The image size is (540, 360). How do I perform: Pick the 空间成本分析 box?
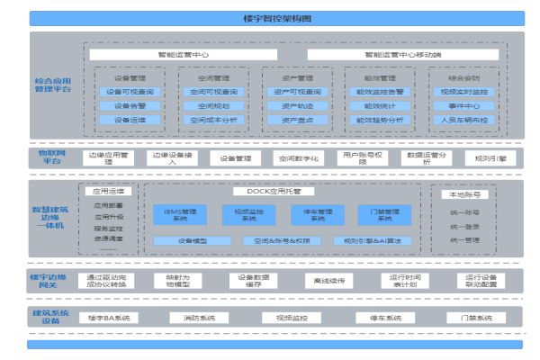(x=210, y=119)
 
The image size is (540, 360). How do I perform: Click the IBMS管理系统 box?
(x=173, y=214)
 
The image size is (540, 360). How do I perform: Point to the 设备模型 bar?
(x=193, y=240)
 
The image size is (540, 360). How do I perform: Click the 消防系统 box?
(x=199, y=318)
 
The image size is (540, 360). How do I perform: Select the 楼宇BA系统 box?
(x=108, y=318)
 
